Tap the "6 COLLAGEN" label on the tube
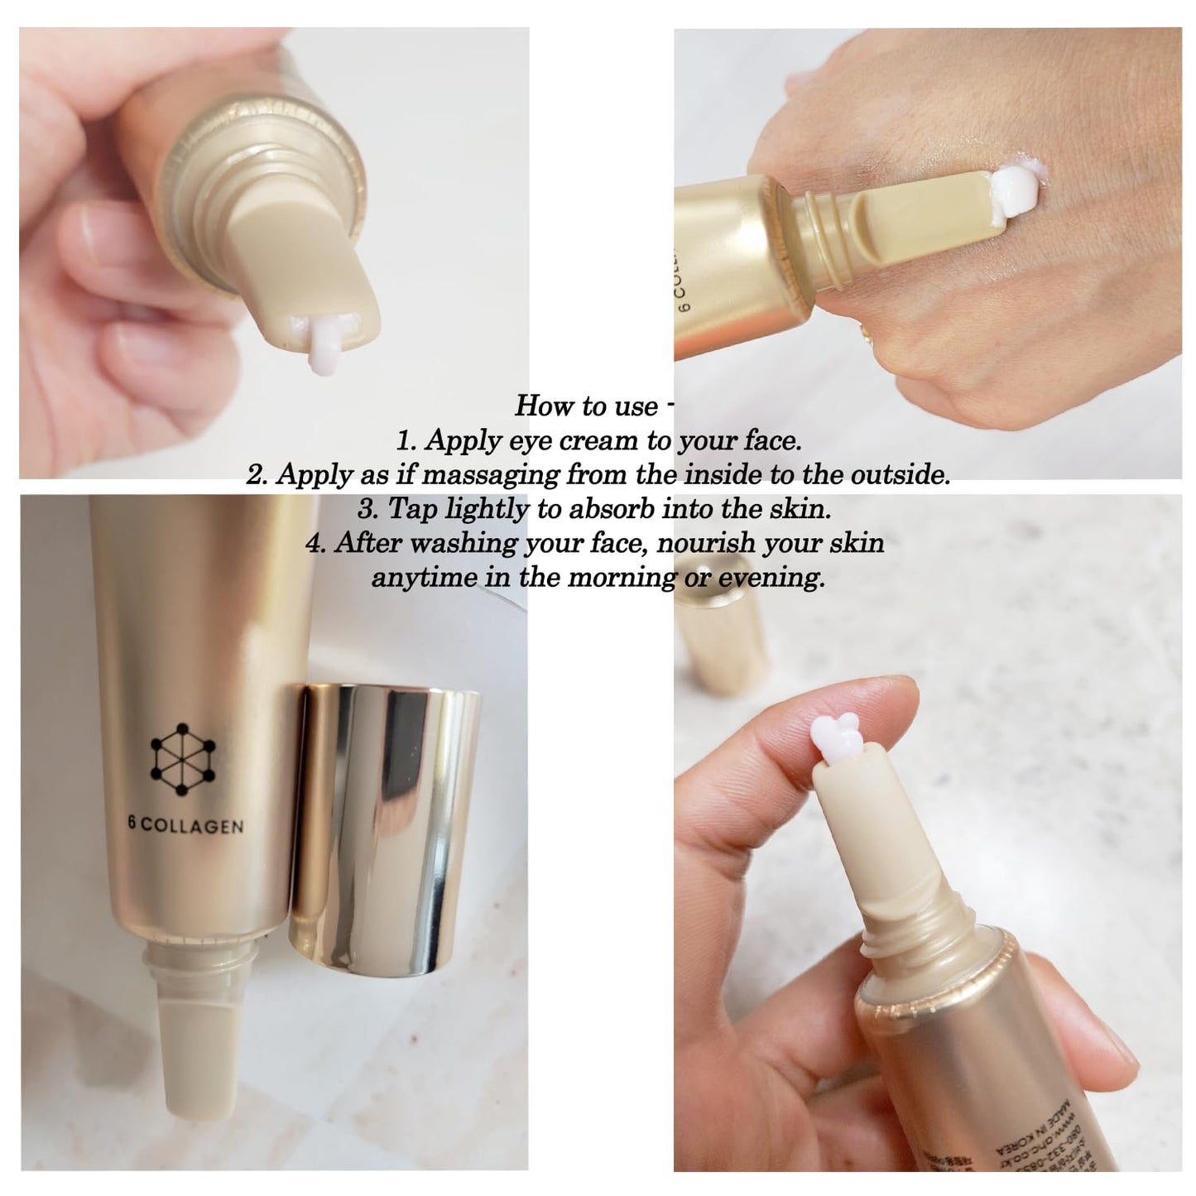click(186, 825)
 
